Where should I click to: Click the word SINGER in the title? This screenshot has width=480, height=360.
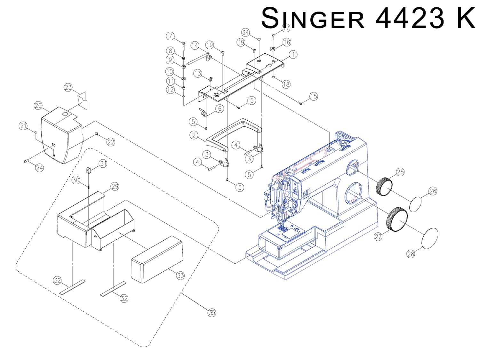pyautogui.click(x=313, y=19)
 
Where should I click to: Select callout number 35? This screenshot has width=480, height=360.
pyautogui.click(x=212, y=313)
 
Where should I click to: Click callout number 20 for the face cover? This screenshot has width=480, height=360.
pyautogui.click(x=38, y=106)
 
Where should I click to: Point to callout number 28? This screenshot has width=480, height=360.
pyautogui.click(x=411, y=254)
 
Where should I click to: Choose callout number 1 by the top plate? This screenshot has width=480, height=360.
pyautogui.click(x=293, y=54)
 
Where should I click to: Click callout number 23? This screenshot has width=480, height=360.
pyautogui.click(x=68, y=87)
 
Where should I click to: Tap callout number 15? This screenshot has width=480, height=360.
pyautogui.click(x=314, y=96)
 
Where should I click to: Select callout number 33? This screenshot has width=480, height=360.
pyautogui.click(x=180, y=275)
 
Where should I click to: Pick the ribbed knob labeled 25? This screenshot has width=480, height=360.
pyautogui.click(x=384, y=186)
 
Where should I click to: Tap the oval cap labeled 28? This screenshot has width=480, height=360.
pyautogui.click(x=429, y=238)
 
